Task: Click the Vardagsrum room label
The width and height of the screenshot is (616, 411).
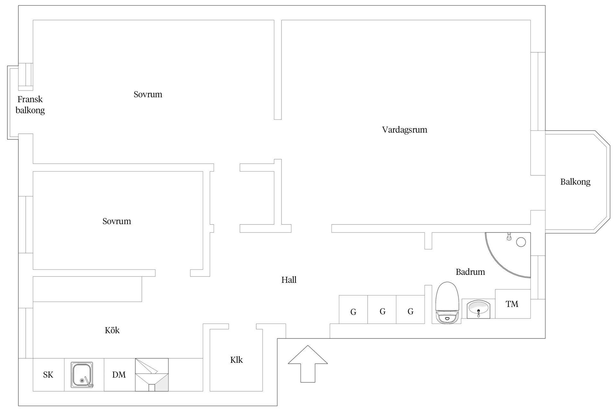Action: [x=405, y=130]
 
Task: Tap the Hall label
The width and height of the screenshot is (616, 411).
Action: [x=289, y=280]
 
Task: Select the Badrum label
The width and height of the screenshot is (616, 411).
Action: [x=470, y=272]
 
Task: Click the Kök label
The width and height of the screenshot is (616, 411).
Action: [x=112, y=330]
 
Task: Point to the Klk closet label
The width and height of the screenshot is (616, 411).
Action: [x=236, y=360]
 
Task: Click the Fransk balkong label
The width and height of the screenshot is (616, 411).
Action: [x=30, y=105]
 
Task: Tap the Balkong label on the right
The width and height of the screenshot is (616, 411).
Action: [x=575, y=182]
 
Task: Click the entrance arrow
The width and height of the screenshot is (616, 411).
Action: [x=308, y=364]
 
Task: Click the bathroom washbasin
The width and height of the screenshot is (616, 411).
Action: [x=478, y=309]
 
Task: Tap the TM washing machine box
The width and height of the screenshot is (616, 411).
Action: [x=513, y=304]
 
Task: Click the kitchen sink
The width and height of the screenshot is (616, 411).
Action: [x=82, y=375]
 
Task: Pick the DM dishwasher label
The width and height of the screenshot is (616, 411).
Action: [x=119, y=375]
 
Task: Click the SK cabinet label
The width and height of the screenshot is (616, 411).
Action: [x=48, y=375]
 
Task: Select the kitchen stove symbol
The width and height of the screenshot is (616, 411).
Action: [x=152, y=375]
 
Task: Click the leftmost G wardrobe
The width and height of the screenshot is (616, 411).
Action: [x=353, y=310]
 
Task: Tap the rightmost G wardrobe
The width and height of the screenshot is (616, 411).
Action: [x=410, y=310]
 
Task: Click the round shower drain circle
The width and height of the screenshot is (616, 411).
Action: [x=521, y=242]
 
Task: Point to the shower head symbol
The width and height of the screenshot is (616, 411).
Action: [x=509, y=237]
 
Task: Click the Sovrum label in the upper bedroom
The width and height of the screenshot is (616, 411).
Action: [x=148, y=94]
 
